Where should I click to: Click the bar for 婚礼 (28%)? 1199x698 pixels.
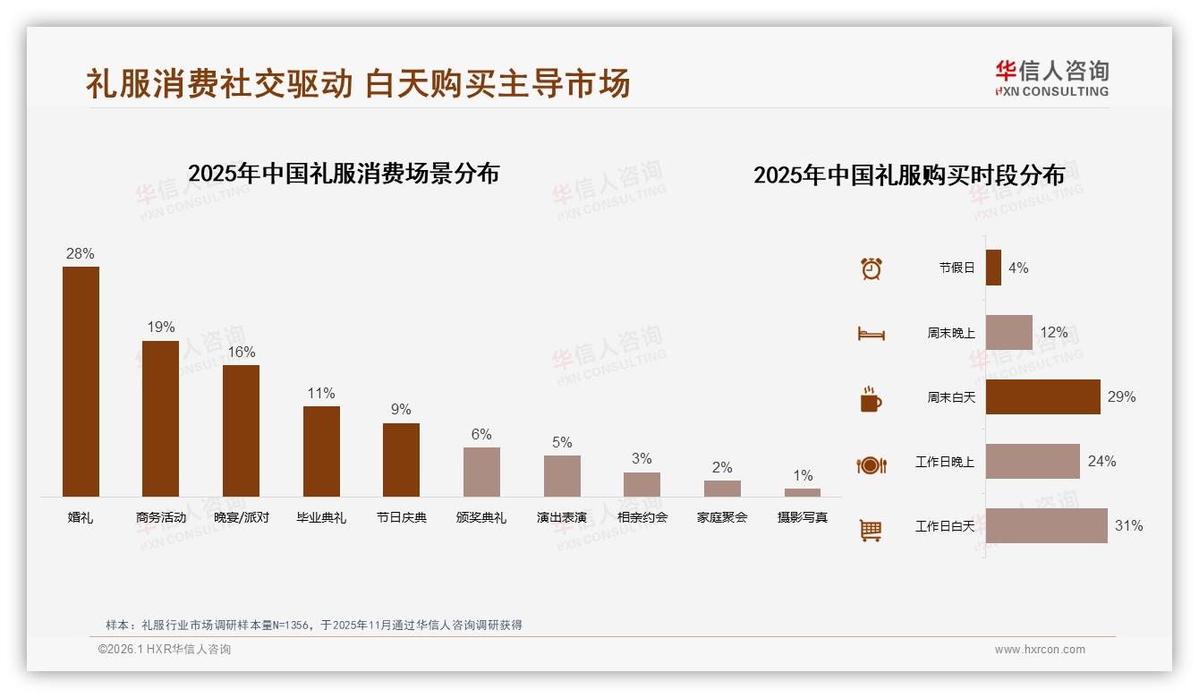81,381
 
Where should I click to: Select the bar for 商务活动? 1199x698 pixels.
160,418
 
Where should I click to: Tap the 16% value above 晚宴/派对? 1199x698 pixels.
241,352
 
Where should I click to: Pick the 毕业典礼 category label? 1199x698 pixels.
321,517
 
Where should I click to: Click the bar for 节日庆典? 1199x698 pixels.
401,460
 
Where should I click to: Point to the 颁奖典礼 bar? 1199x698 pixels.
481,472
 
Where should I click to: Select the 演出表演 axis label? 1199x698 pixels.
562,517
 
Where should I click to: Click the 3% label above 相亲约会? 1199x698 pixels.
642,458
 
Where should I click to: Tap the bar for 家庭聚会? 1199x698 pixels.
722,489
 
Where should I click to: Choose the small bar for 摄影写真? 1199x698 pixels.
803,492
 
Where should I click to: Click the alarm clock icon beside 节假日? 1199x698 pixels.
872,268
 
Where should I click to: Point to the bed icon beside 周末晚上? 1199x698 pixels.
872,333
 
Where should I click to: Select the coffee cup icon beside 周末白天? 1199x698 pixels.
871,398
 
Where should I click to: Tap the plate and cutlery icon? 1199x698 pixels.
872,464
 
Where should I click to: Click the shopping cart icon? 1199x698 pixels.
871,530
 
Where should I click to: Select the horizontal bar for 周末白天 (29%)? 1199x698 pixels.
1042,396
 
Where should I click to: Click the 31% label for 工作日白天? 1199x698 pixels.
1128,526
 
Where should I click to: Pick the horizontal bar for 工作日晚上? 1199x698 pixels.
1033,462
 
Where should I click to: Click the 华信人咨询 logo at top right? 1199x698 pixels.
1051,79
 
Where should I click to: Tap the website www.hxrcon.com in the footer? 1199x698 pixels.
1040,650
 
